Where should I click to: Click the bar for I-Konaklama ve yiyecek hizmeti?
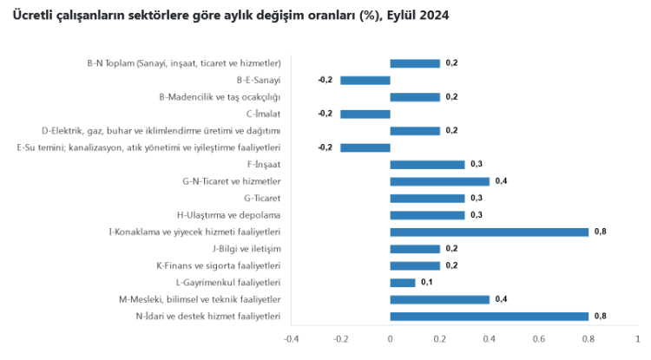click(x=490, y=232)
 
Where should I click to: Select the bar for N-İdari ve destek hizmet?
click(x=490, y=316)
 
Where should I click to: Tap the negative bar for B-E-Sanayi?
click(x=365, y=80)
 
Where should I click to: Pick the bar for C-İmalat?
click(x=365, y=114)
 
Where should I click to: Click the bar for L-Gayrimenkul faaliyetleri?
click(x=403, y=282)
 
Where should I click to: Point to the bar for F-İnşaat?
click(x=427, y=164)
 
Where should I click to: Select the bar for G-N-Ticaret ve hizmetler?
click(x=440, y=181)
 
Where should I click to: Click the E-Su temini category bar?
click(x=365, y=147)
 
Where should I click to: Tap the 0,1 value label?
click(x=426, y=282)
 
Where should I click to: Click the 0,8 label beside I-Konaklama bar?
click(x=600, y=232)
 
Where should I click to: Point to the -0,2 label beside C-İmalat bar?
click(x=325, y=114)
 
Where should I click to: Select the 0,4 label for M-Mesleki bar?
click(x=501, y=299)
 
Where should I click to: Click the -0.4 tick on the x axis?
click(x=292, y=338)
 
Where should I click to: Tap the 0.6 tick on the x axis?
click(x=539, y=338)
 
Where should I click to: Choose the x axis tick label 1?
click(x=637, y=338)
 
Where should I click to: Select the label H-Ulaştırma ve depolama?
click(x=228, y=214)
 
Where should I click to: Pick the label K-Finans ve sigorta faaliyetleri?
click(x=218, y=265)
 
